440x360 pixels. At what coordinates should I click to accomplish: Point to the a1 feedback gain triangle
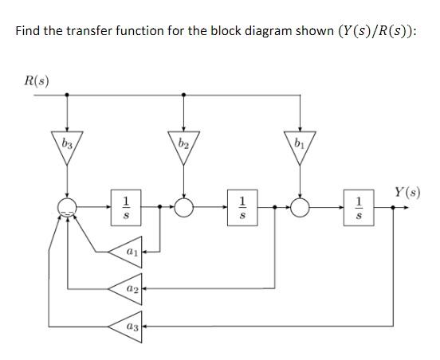(x=130, y=251)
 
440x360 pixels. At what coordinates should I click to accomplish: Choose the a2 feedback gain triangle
(x=130, y=288)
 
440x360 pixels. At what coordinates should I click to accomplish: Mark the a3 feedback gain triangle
(x=130, y=327)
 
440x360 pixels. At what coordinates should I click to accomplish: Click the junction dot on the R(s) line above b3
(x=66, y=94)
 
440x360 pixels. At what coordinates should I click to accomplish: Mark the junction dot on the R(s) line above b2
(x=184, y=94)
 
